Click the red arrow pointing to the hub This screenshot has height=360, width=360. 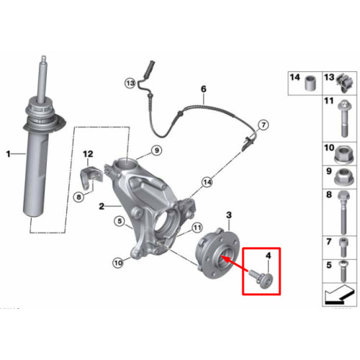pyautogui.click(x=235, y=264)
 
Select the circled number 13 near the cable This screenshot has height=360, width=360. pyautogui.click(x=130, y=84)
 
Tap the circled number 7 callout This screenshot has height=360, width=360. pyautogui.click(x=264, y=125)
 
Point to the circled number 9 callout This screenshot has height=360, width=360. pyautogui.click(x=157, y=150)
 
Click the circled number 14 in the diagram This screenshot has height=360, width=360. pyautogui.click(x=207, y=182)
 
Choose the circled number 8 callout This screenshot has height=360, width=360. pyautogui.click(x=78, y=197)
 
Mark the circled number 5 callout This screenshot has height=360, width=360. pyautogui.click(x=120, y=221)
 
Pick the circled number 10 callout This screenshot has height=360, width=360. pyautogui.click(x=118, y=263)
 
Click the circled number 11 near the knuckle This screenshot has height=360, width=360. pyautogui.click(x=197, y=228)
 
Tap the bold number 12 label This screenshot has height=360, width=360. pyautogui.click(x=88, y=154)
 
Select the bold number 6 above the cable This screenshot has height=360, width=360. pyautogui.click(x=204, y=89)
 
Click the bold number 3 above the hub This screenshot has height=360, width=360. pyautogui.click(x=229, y=215)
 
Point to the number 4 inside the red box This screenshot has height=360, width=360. pyautogui.click(x=269, y=256)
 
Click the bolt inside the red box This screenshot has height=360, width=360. pyautogui.click(x=261, y=279)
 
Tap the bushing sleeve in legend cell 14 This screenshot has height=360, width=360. pyautogui.click(x=310, y=84)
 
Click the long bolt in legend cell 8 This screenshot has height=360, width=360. pyautogui.click(x=343, y=212)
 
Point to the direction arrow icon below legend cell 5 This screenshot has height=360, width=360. pyautogui.click(x=339, y=294)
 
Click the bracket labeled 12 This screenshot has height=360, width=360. pyautogui.click(x=91, y=178)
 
